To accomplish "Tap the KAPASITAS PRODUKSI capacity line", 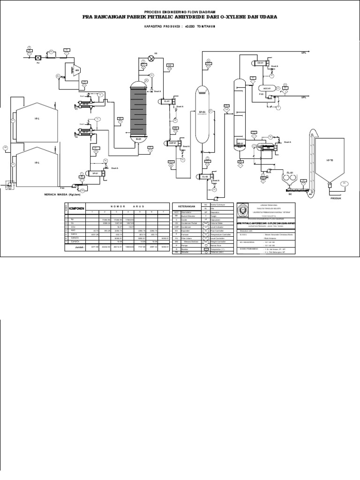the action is pos(180,26).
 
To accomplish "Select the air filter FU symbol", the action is pos(38,58).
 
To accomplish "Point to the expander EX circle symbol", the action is pos(151,58).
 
